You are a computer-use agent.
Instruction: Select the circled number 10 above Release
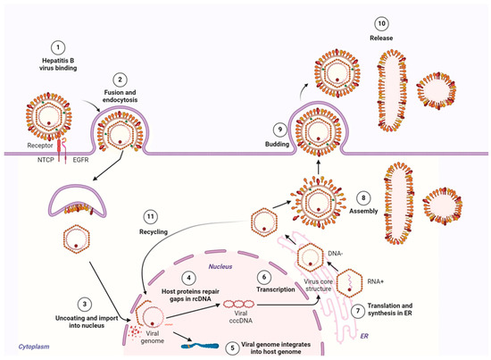pos(381,21)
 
